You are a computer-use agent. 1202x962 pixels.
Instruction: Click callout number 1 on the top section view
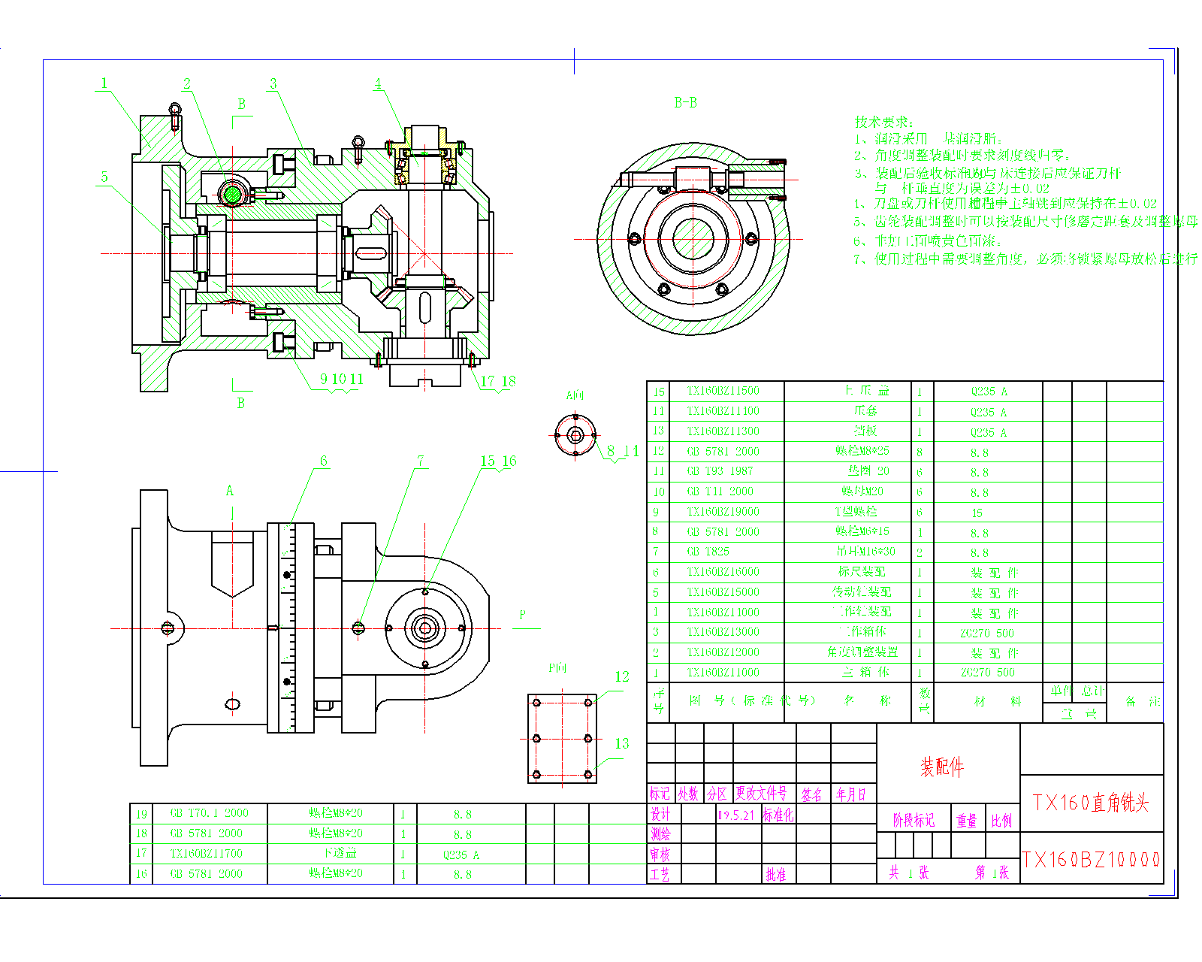click(x=104, y=83)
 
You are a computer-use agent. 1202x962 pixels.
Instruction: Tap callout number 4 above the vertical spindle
click(x=378, y=83)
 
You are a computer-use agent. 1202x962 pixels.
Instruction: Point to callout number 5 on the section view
click(x=104, y=177)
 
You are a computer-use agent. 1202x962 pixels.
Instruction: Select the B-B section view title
click(x=685, y=103)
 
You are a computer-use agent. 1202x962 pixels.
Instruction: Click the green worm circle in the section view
click(x=233, y=195)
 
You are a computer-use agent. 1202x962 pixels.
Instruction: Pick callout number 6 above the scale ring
click(x=324, y=461)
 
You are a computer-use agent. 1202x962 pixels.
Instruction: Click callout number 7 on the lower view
click(x=421, y=460)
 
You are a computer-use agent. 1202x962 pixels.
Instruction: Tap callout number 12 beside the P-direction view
click(x=622, y=676)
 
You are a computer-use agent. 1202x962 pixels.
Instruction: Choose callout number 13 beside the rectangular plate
click(x=622, y=743)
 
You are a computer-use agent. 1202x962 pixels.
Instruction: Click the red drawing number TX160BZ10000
click(x=1091, y=860)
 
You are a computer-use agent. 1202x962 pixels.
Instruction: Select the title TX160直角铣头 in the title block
click(x=1091, y=803)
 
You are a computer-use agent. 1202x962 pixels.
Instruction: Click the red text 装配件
click(x=942, y=767)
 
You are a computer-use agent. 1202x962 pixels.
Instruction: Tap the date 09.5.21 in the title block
click(x=736, y=815)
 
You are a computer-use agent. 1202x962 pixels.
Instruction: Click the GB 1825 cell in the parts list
click(x=708, y=552)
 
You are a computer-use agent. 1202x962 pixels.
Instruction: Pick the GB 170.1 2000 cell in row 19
click(x=209, y=813)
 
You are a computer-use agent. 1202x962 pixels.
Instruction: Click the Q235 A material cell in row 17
click(x=461, y=855)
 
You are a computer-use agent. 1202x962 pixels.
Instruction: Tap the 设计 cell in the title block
click(x=660, y=815)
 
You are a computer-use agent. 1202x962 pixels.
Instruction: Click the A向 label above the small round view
click(x=575, y=395)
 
